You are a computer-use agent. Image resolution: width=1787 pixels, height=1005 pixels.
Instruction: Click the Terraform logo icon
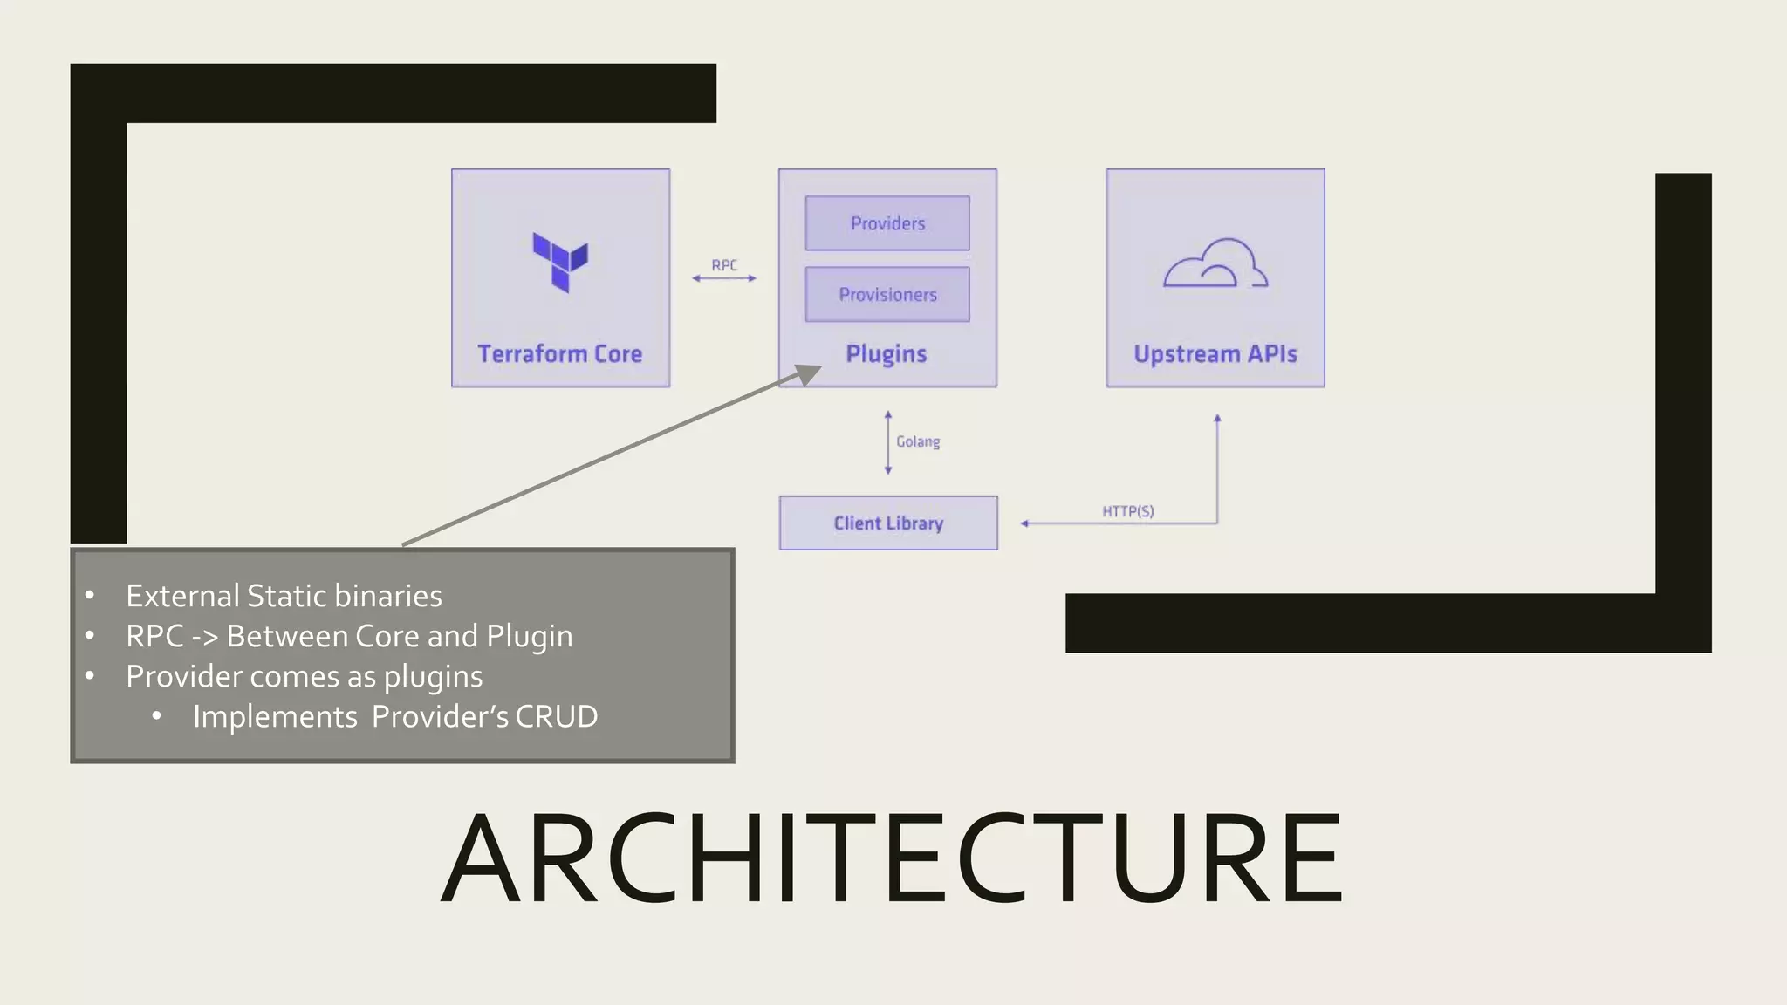click(x=560, y=262)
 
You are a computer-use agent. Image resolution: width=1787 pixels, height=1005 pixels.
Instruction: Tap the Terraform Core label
click(x=559, y=354)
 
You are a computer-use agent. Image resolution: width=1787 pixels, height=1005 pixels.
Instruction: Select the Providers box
click(x=887, y=223)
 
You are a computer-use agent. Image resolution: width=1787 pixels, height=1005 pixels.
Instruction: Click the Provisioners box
click(x=887, y=295)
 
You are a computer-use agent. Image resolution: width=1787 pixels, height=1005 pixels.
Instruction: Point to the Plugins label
click(x=886, y=354)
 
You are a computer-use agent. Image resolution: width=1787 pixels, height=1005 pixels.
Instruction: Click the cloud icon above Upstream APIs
click(x=1215, y=263)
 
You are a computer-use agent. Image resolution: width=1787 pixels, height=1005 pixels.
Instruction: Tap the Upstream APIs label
click(x=1215, y=354)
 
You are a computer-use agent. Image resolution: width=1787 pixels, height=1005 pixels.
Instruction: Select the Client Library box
click(x=888, y=523)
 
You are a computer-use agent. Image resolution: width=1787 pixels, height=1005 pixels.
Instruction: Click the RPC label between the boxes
click(x=724, y=265)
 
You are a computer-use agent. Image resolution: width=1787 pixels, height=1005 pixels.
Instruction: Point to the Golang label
click(x=918, y=442)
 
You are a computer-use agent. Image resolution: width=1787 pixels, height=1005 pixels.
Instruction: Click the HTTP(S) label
click(x=1127, y=511)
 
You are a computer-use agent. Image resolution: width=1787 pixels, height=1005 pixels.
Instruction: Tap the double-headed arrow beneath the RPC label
click(x=724, y=278)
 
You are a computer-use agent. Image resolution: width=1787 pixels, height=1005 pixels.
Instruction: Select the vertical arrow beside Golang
click(x=888, y=442)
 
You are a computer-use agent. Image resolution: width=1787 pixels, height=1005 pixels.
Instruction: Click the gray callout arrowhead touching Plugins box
click(x=808, y=374)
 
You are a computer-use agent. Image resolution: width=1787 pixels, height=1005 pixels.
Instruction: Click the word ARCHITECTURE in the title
click(x=892, y=858)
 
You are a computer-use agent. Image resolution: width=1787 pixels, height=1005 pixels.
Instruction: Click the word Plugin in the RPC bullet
click(x=529, y=637)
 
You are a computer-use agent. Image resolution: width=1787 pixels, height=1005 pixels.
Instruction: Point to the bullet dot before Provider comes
click(x=90, y=676)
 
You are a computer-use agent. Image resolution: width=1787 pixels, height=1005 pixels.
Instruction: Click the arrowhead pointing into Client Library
click(x=1025, y=523)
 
